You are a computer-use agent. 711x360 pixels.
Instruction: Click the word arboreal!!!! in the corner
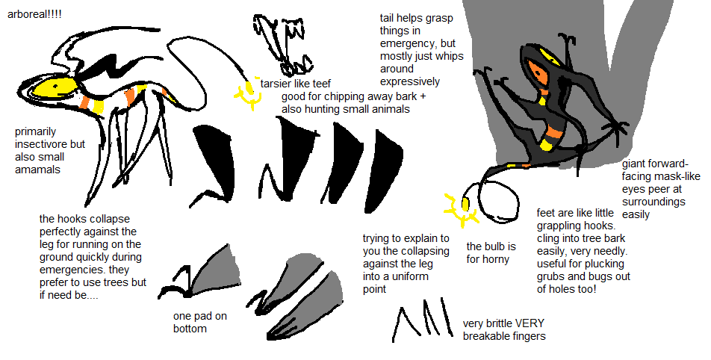34,14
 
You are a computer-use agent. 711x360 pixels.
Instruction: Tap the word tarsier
274,84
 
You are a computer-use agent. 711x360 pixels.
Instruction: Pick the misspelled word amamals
37,170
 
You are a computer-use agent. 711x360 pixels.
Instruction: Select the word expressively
410,82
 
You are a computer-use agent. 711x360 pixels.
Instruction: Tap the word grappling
559,226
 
